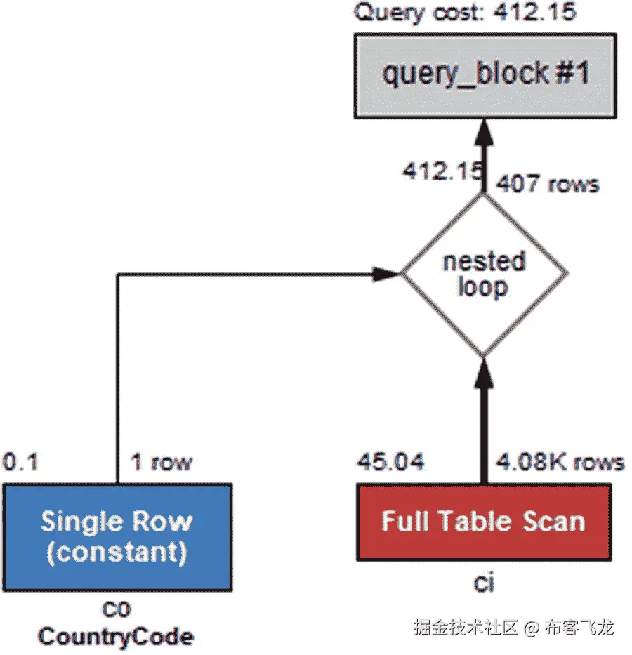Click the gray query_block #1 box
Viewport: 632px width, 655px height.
pyautogui.click(x=484, y=74)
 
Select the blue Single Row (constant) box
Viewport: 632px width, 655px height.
pyautogui.click(x=117, y=536)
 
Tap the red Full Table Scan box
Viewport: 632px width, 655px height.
pyautogui.click(x=483, y=522)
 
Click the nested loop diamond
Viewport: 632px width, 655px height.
pyautogui.click(x=483, y=274)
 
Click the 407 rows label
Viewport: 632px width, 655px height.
pyautogui.click(x=547, y=184)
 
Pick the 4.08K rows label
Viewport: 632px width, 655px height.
pyautogui.click(x=560, y=462)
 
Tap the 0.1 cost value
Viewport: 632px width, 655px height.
pyautogui.click(x=21, y=462)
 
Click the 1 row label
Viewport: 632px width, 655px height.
pyautogui.click(x=161, y=462)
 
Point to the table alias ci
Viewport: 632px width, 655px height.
pyautogui.click(x=483, y=583)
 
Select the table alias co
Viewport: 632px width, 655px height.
pyautogui.click(x=117, y=608)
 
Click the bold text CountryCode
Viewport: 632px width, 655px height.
pyautogui.click(x=117, y=637)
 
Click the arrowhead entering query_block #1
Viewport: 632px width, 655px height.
pyautogui.click(x=483, y=132)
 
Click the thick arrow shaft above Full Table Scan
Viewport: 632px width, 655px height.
pyautogui.click(x=483, y=435)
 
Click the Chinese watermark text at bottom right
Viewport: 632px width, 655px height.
pyautogui.click(x=513, y=627)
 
